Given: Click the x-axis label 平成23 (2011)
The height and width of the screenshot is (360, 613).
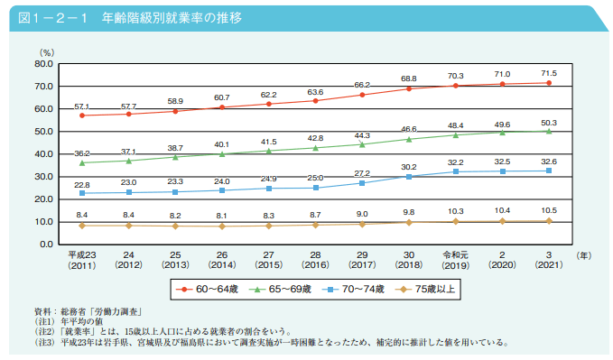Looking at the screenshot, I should pyautogui.click(x=82, y=261).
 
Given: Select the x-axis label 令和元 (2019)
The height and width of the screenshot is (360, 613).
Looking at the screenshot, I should pyautogui.click(x=455, y=261).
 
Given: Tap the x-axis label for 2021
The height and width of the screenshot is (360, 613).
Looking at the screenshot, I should pyautogui.click(x=548, y=261).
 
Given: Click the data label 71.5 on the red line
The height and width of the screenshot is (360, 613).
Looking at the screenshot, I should pyautogui.click(x=548, y=73).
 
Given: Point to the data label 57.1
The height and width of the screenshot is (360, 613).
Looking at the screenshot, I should pyautogui.click(x=82, y=106).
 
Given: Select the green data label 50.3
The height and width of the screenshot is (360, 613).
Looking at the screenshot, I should pyautogui.click(x=548, y=122).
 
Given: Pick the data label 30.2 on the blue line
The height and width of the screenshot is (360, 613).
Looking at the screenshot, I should pyautogui.click(x=408, y=167).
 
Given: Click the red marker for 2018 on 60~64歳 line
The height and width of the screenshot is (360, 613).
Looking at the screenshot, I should pyautogui.click(x=408, y=88).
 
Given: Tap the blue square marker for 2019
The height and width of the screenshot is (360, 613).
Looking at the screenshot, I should pyautogui.click(x=455, y=171).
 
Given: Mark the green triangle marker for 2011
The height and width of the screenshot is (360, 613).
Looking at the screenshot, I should pyautogui.click(x=82, y=162).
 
